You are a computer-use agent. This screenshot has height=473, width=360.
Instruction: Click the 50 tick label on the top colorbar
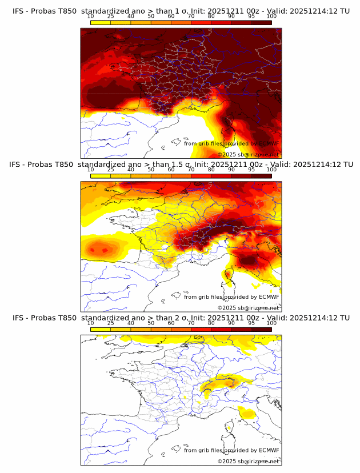(151, 16)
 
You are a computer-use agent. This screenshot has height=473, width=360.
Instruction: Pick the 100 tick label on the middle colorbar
(271, 170)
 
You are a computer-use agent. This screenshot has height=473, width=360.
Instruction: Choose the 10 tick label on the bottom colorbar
(91, 323)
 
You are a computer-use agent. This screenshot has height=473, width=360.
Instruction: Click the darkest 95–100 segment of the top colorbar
(262, 22)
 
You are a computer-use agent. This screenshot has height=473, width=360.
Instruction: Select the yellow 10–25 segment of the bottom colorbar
(101, 329)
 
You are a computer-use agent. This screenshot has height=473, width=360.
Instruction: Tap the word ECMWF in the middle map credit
(269, 296)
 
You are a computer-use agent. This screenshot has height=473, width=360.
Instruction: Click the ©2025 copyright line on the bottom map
(248, 461)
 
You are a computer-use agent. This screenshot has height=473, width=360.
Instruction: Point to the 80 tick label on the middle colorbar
(211, 170)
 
